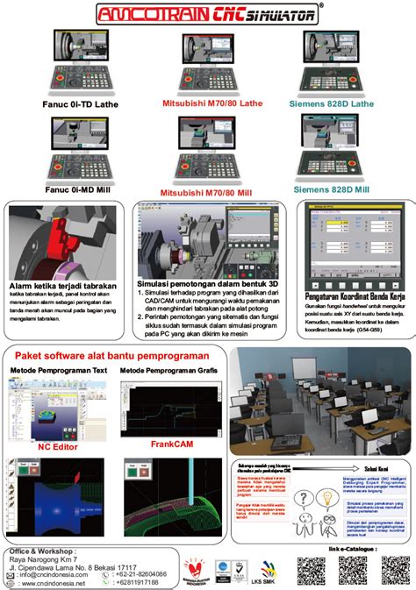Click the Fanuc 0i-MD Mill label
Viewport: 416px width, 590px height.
pos(79,188)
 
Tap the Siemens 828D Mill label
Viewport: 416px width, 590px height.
pos(331,188)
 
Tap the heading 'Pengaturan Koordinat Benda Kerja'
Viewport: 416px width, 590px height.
pos(352,295)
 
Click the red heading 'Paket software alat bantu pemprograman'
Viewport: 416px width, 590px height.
pos(111,357)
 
